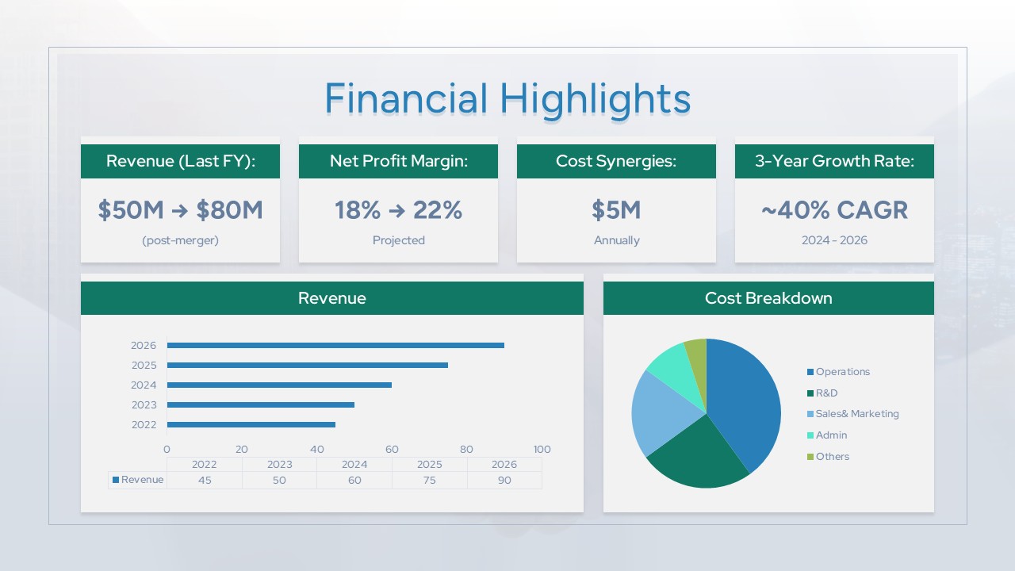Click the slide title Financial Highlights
[507, 99]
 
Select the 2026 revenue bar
[335, 345]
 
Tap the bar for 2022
[251, 424]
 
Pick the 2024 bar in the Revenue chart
[279, 385]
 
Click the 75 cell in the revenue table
[429, 480]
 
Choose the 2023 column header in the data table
[279, 465]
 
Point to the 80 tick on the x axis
[466, 449]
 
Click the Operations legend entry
[842, 372]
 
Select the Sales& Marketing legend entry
[856, 414]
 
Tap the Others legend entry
[832, 457]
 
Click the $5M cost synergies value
[616, 210]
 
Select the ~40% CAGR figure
[834, 210]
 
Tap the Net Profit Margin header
[398, 161]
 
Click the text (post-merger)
[180, 240]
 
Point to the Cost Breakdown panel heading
[768, 298]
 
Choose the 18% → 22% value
[398, 210]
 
